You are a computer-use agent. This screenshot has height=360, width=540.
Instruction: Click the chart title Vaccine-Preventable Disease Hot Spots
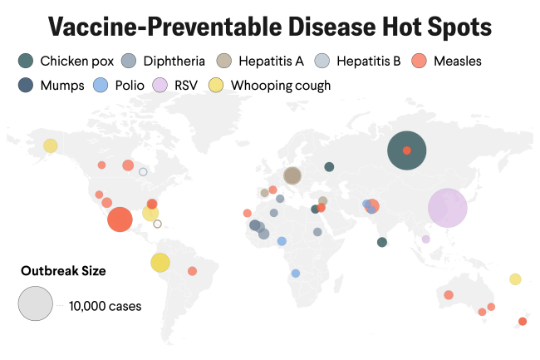[x=270, y=27]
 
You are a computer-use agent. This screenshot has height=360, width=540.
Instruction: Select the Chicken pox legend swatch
[x=26, y=61]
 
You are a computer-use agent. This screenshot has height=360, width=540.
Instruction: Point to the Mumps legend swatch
[x=26, y=85]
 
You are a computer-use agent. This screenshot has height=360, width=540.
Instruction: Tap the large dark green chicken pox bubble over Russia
[x=407, y=150]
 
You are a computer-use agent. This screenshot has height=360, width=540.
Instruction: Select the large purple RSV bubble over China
[x=448, y=208]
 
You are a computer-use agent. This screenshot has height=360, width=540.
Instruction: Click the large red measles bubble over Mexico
[x=120, y=219]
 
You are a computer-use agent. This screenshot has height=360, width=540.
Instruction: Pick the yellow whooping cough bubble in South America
[x=160, y=263]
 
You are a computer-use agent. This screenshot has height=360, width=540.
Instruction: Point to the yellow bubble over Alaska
[x=51, y=145]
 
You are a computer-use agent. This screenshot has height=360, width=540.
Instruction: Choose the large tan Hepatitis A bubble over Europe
[x=292, y=175]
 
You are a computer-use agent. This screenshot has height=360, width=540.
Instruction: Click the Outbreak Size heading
[x=63, y=270]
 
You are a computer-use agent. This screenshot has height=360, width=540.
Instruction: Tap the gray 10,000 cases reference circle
[x=36, y=303]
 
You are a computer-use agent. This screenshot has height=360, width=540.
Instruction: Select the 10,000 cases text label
[x=106, y=306]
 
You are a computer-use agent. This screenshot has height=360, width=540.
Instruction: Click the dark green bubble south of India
[x=381, y=242]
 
